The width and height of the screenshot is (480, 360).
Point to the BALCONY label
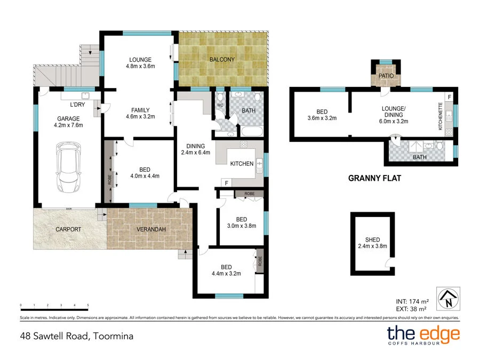221,60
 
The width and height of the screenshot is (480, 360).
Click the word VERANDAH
149,229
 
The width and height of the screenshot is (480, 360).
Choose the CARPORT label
68,229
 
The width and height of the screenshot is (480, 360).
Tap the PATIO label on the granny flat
385,76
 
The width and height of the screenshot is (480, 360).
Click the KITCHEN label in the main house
242,164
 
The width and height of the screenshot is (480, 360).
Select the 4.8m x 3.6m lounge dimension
140,67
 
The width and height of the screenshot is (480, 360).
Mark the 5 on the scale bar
88,306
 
